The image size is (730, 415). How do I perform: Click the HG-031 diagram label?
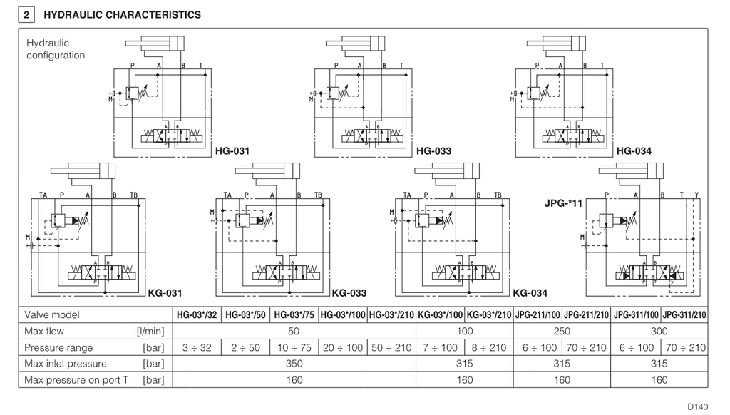point(233,151)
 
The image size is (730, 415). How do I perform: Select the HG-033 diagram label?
point(433,151)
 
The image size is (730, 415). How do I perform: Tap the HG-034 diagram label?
point(634,151)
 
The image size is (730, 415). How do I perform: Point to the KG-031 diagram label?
point(165,292)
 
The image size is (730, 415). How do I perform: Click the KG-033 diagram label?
point(349,292)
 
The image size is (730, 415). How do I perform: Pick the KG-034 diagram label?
point(530,292)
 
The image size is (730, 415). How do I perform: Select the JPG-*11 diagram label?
point(564,203)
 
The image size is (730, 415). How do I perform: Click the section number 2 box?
point(26,14)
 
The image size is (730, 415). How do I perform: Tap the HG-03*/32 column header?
point(197,315)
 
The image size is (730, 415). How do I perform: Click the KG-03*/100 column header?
point(440,315)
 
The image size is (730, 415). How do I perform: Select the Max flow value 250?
point(562,332)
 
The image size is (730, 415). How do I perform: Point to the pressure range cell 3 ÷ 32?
point(197,348)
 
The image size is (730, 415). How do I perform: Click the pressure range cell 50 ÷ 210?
point(391,348)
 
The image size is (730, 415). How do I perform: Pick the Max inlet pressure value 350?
point(294,364)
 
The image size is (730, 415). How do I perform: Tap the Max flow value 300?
point(659,332)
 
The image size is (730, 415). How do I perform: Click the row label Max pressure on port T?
point(76,380)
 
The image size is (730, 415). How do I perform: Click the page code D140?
point(698,406)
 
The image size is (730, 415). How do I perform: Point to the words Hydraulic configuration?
point(56,49)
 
